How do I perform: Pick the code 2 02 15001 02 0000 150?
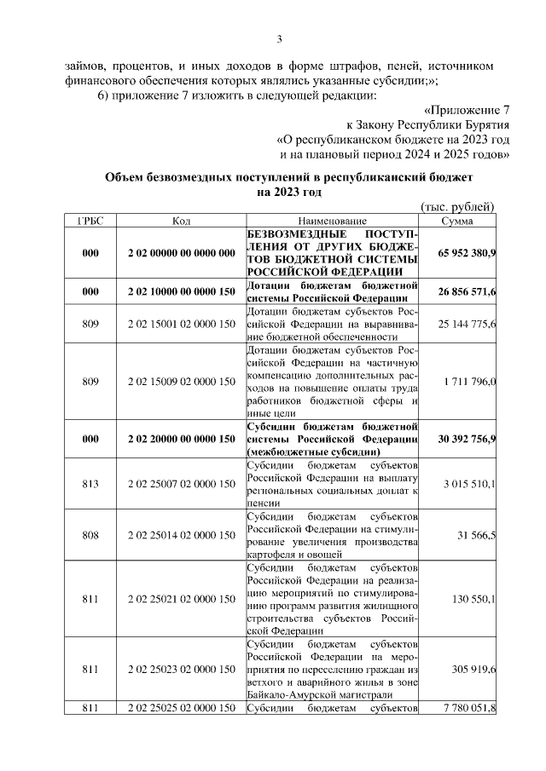[x=181, y=325]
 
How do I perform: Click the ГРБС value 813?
[x=90, y=484]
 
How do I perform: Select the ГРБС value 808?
[x=90, y=534]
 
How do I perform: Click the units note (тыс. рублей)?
[x=458, y=207]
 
